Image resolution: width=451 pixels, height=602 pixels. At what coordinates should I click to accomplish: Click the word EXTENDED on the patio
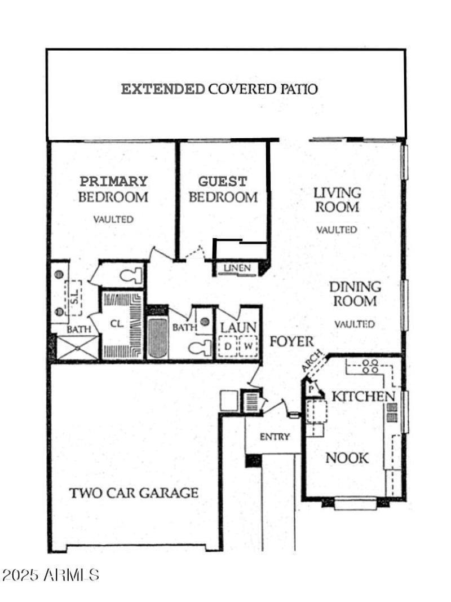(x=163, y=89)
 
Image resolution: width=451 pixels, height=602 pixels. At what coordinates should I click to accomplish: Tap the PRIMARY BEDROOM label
(x=113, y=189)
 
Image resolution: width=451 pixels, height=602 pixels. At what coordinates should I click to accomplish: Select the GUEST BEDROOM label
(x=223, y=189)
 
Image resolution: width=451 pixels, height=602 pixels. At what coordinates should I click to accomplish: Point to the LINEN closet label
(x=237, y=268)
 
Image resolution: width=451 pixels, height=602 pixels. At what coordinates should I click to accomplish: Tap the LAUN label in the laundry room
(x=238, y=327)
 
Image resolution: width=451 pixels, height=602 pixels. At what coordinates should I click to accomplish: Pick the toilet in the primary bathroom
(x=131, y=276)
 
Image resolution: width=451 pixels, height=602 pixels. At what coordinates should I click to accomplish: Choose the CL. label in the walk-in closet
(x=117, y=324)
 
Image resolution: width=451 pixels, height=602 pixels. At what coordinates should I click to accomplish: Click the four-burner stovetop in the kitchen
(x=370, y=366)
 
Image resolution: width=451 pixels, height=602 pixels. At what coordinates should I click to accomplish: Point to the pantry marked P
(x=311, y=389)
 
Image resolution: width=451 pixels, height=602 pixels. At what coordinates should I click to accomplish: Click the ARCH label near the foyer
(x=312, y=361)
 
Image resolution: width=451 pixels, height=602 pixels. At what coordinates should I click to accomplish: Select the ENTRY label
(x=275, y=437)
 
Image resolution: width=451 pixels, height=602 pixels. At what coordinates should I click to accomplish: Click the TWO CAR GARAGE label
(x=134, y=493)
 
